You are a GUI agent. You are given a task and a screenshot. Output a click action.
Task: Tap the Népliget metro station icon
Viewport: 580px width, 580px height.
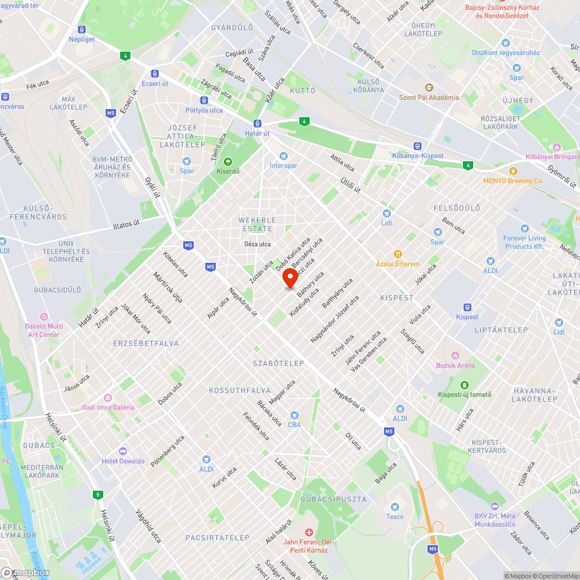(82, 30)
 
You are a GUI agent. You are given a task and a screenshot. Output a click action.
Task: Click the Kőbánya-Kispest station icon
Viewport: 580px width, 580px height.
(417, 146)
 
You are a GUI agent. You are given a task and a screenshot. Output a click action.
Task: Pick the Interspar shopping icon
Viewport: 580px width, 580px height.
(283, 155)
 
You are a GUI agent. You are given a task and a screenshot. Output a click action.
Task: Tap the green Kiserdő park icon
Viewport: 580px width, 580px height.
(227, 162)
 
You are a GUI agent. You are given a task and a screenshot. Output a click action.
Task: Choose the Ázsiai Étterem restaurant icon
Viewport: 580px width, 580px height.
(398, 254)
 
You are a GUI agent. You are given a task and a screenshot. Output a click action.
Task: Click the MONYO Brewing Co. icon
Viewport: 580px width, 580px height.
(513, 171)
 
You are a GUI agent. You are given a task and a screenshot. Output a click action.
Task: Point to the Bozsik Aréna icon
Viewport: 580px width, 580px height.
(455, 356)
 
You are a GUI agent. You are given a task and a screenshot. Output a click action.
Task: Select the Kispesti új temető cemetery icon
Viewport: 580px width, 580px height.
(464, 385)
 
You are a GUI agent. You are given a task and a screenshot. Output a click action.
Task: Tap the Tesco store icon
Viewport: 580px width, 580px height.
(395, 507)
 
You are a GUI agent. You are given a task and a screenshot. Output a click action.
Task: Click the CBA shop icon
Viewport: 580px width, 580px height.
(295, 415)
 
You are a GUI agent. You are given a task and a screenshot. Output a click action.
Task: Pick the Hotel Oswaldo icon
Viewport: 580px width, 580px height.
(122, 451)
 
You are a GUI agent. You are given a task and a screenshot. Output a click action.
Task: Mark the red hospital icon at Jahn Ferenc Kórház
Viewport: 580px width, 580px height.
(309, 532)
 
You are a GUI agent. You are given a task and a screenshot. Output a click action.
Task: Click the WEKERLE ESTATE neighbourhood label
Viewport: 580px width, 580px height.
(258, 224)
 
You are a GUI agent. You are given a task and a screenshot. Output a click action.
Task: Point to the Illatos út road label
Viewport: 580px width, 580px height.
(127, 224)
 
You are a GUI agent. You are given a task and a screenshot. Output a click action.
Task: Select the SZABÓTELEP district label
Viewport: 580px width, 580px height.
(278, 363)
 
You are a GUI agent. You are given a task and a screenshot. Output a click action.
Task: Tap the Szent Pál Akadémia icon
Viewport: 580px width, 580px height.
(429, 88)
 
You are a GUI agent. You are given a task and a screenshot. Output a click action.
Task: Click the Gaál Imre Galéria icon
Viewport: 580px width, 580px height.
(108, 397)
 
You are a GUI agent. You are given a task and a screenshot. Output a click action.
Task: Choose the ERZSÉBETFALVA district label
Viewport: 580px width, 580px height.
(146, 343)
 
